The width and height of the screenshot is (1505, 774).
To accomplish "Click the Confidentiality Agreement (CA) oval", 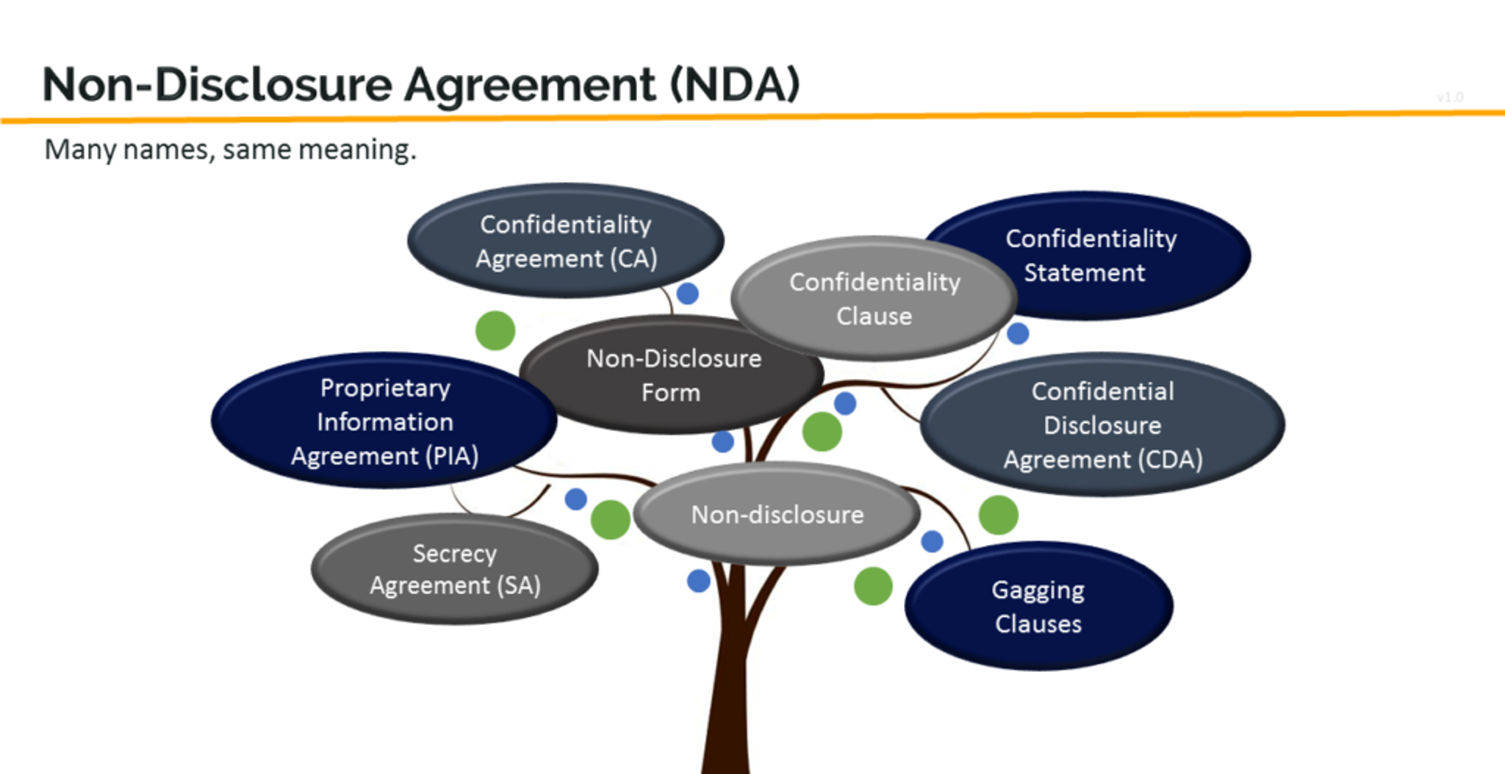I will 566,241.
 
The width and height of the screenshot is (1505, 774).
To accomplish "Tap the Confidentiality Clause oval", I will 874,299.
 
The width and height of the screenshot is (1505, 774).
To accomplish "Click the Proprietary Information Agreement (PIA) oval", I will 384,421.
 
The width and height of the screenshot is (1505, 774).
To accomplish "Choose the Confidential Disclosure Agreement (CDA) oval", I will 1102,424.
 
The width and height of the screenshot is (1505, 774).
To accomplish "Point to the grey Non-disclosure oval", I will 777,514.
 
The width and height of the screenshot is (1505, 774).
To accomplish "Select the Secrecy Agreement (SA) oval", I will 454,569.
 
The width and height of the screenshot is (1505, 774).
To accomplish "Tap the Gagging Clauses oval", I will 1038,607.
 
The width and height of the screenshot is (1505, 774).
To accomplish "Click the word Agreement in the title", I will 529,84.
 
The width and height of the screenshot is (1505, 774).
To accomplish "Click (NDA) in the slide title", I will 735,84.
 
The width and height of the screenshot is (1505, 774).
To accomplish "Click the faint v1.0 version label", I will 1449,97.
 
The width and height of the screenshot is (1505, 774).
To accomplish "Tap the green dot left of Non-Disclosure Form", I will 495,330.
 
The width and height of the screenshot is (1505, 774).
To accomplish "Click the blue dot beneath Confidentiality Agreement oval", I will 687,294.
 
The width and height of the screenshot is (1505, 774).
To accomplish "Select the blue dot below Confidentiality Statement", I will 1018,333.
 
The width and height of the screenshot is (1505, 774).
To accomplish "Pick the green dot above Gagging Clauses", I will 998,515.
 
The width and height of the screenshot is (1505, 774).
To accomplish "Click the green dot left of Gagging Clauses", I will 873,586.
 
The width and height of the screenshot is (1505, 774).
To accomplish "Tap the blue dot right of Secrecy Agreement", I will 575,499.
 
